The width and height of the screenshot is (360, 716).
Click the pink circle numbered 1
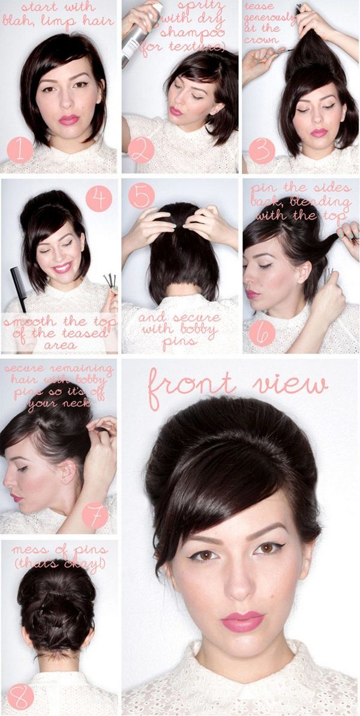pyautogui.click(x=20, y=150)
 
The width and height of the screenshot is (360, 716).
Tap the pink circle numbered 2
pyautogui.click(x=141, y=150)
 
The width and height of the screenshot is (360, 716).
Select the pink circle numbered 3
pyautogui.click(x=262, y=151)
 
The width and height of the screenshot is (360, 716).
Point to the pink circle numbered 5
pyautogui.click(x=142, y=195)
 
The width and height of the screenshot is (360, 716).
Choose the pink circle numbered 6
pyautogui.click(x=262, y=332)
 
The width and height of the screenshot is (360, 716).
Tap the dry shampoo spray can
pyautogui.click(x=142, y=34)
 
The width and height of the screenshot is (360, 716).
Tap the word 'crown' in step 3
pyautogui.click(x=259, y=40)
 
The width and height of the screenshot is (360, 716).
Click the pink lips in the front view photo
pyautogui.click(x=242, y=621)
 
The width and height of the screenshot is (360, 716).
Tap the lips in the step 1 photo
pyautogui.click(x=68, y=119)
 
